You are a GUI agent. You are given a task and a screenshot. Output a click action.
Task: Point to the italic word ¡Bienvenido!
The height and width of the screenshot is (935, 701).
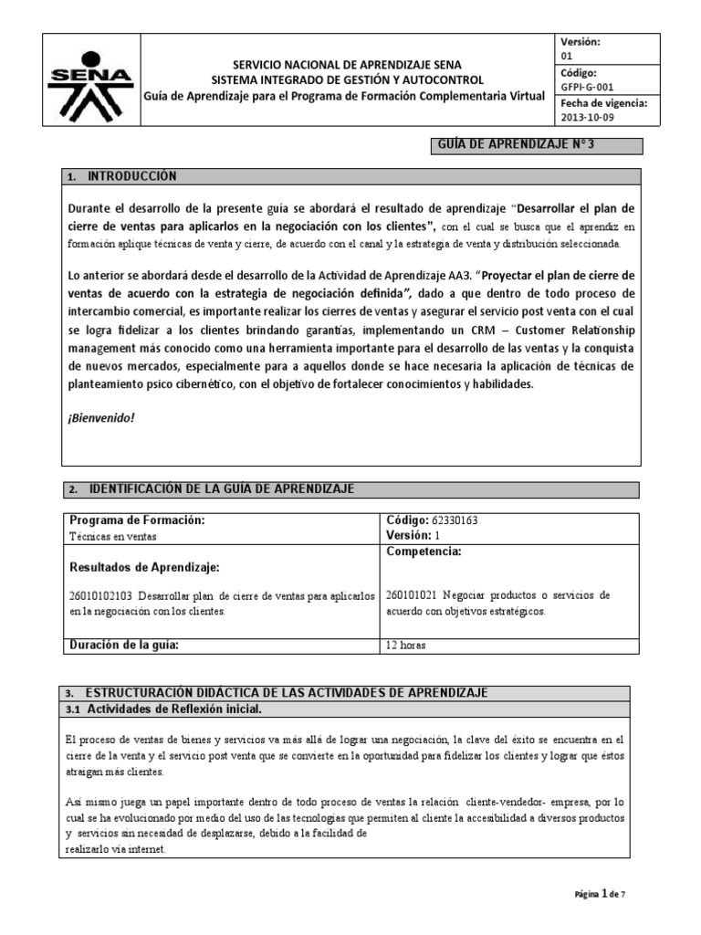(x=101, y=417)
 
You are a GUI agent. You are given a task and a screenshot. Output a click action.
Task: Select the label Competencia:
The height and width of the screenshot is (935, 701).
(x=424, y=552)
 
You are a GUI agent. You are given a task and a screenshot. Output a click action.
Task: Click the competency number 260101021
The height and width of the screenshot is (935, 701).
(x=414, y=595)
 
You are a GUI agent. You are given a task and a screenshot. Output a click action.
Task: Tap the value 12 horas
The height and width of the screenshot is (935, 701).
(x=406, y=646)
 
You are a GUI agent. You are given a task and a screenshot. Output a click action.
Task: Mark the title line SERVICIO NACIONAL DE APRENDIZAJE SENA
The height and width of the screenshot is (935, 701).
(x=347, y=65)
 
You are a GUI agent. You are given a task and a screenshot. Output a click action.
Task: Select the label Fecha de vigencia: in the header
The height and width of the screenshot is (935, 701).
(x=603, y=103)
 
